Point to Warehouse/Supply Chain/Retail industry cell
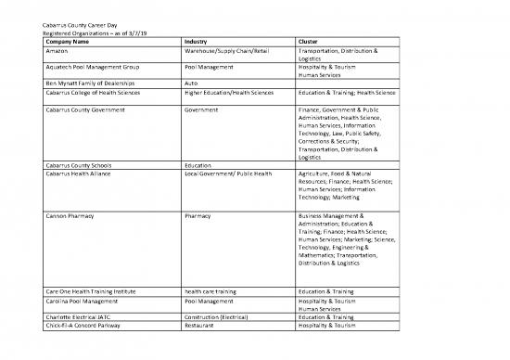click(226, 50)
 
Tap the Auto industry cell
click(192, 84)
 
